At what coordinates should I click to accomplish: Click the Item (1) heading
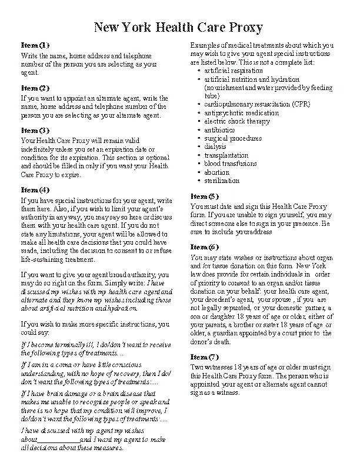35,45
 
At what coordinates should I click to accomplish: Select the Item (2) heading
35,88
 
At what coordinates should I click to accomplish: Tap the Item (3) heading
35,130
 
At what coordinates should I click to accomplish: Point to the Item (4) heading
35,189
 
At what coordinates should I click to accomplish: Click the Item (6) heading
205,247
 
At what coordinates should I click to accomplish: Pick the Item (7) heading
205,357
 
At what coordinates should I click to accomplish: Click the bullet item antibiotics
219,129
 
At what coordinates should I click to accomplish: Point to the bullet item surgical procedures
233,138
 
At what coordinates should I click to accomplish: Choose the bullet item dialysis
215,147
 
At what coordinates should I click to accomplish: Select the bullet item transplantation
226,155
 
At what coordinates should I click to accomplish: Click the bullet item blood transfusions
231,164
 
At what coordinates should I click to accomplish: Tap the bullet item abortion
216,172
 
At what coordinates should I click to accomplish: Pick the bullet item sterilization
222,181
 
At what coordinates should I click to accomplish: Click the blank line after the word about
58,440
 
